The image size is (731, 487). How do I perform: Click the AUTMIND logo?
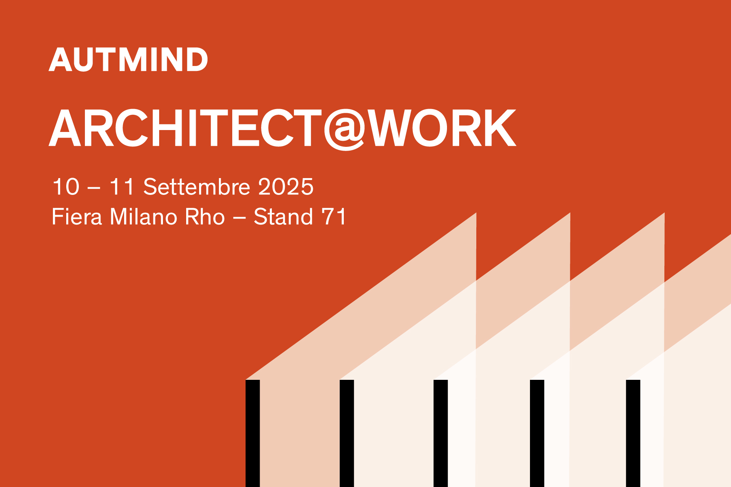click(128, 59)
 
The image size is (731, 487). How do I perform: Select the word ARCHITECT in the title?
click(186, 128)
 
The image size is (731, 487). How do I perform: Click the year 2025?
click(286, 187)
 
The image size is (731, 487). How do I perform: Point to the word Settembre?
click(196, 186)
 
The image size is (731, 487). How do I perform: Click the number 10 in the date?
click(66, 187)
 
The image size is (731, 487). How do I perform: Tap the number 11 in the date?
click(122, 187)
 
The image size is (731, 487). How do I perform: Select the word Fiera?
click(77, 217)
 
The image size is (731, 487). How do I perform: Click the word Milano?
click(144, 217)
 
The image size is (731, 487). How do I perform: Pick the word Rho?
click(205, 217)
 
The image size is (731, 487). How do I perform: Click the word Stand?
click(283, 217)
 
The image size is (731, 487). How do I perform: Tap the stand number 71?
click(334, 217)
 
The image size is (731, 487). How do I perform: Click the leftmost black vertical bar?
click(253, 433)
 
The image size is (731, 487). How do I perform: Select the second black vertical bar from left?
click(347, 433)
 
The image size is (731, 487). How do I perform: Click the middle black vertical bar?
click(441, 433)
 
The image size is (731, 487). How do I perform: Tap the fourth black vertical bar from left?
click(537, 433)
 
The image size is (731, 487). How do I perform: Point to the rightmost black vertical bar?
click(633, 433)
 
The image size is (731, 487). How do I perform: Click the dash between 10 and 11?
click(94, 188)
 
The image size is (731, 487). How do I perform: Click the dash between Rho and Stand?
click(239, 218)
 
